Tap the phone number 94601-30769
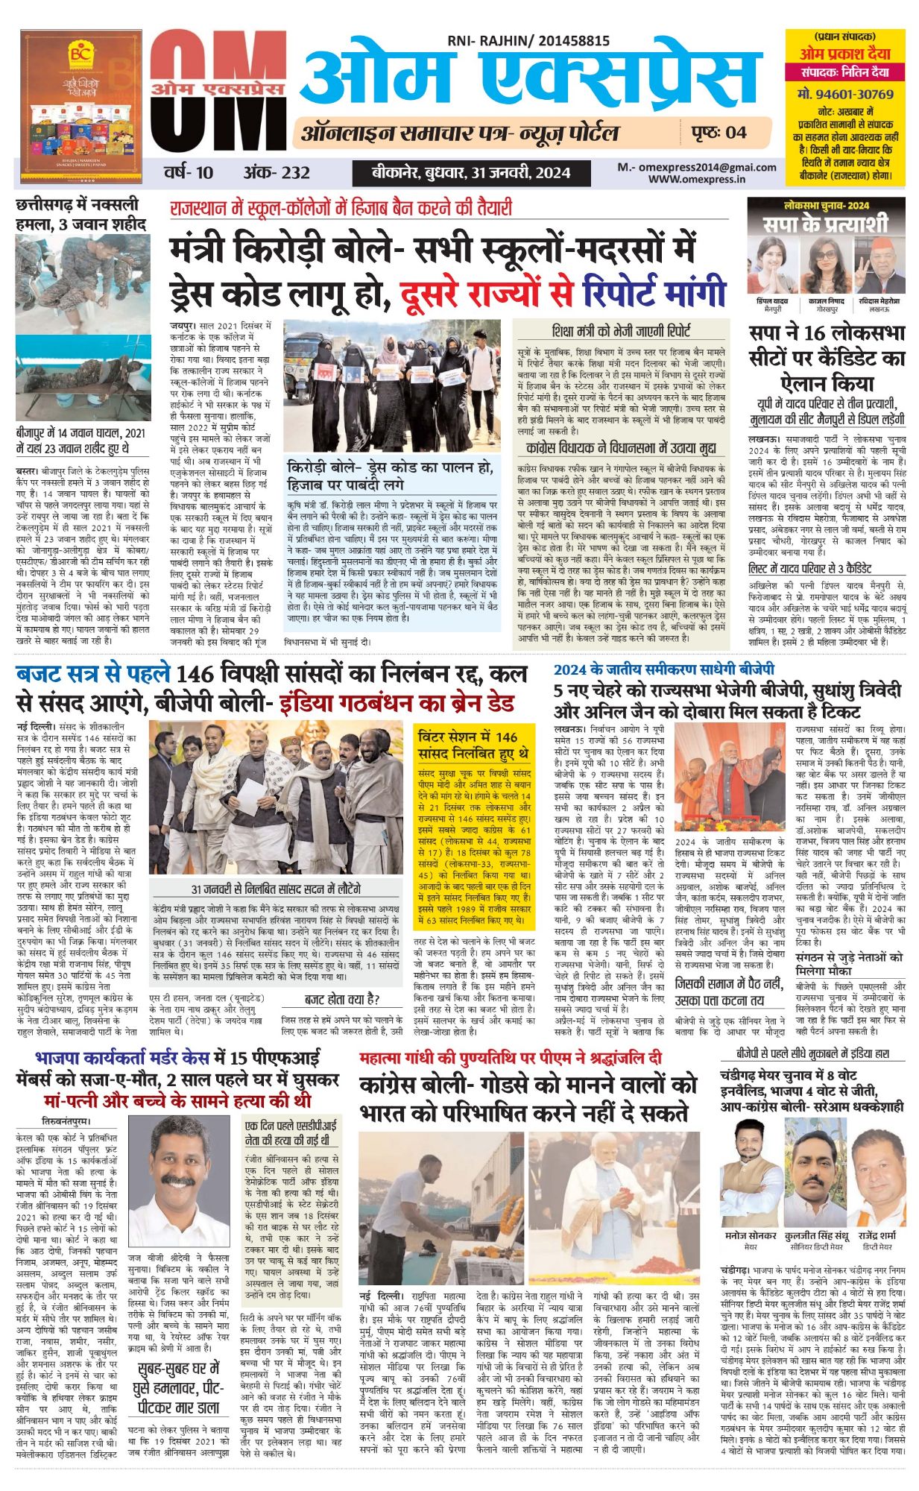point(844,94)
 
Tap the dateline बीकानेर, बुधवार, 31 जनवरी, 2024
point(471,173)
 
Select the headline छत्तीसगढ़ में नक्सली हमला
point(80,213)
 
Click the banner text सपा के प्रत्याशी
point(825,223)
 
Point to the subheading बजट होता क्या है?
point(342,999)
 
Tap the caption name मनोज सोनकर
point(751,1235)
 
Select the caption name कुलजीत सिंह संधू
point(816,1235)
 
